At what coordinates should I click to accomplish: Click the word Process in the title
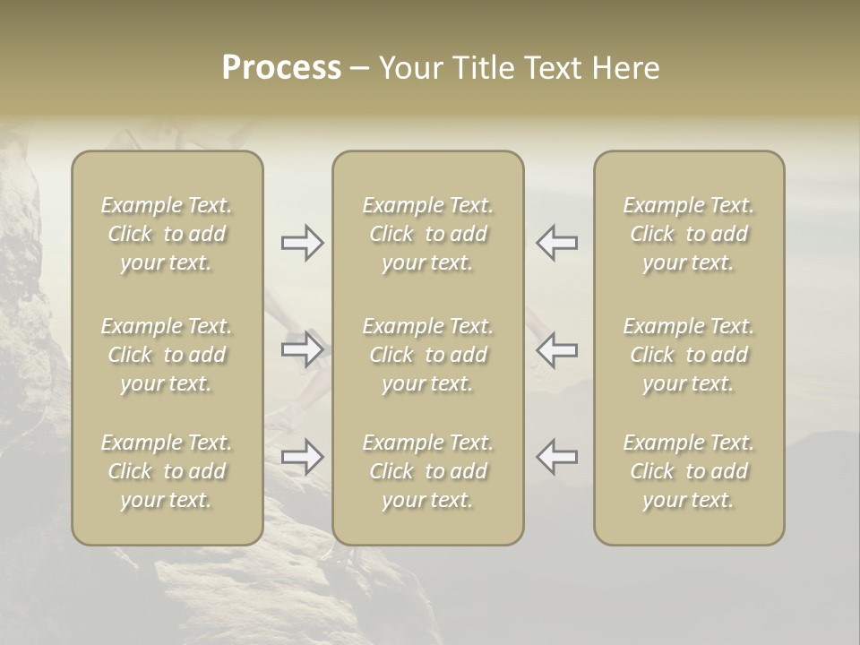pyautogui.click(x=281, y=68)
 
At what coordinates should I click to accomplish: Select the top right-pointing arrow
pyautogui.click(x=303, y=242)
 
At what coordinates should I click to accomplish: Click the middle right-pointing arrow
pyautogui.click(x=303, y=348)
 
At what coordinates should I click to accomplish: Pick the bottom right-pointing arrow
pyautogui.click(x=303, y=457)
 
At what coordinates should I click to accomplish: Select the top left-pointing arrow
pyautogui.click(x=557, y=242)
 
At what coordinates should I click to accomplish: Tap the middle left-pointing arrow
pyautogui.click(x=557, y=348)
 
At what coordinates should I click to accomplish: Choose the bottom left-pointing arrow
pyautogui.click(x=557, y=457)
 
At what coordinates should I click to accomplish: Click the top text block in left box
pyautogui.click(x=167, y=234)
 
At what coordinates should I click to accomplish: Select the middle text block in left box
pyautogui.click(x=167, y=355)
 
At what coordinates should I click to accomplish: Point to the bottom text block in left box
pyautogui.click(x=167, y=471)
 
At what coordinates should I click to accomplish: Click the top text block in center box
pyautogui.click(x=427, y=234)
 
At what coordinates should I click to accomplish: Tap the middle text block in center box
pyautogui.click(x=427, y=355)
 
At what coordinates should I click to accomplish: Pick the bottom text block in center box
pyautogui.click(x=427, y=471)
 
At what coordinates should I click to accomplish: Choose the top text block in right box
pyautogui.click(x=688, y=234)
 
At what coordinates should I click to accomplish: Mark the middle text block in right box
pyautogui.click(x=688, y=355)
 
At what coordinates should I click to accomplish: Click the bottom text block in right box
pyautogui.click(x=688, y=471)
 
